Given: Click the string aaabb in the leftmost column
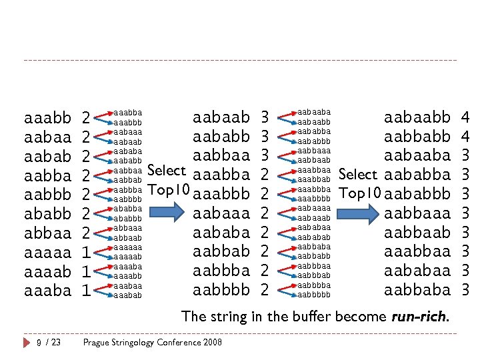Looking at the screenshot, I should tap(47, 119).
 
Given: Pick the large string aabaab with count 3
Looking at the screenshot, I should tap(221, 118).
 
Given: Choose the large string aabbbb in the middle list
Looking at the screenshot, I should tap(221, 291).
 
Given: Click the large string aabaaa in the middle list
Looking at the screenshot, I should tap(221, 214).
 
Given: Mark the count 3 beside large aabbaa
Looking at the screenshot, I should tap(265, 156).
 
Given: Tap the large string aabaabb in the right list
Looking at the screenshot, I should tap(417, 118).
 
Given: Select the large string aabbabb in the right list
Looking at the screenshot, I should tap(417, 137).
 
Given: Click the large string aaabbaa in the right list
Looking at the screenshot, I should tap(417, 252).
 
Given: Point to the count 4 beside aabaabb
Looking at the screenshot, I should tap(465, 118).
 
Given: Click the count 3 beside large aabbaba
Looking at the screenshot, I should tap(465, 291).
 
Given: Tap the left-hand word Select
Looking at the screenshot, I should tap(166, 171).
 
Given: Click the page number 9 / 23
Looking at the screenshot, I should tap(48, 343).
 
